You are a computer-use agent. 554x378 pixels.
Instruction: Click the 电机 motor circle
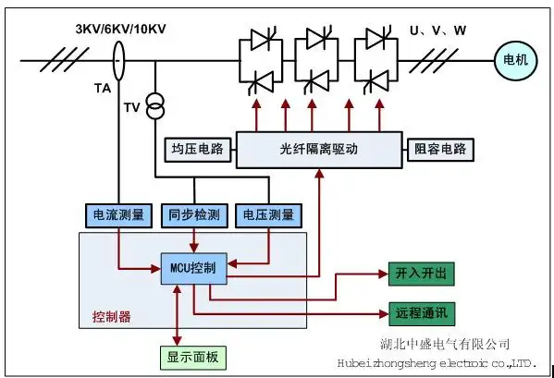coord(512,61)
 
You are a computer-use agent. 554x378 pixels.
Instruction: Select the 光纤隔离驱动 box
coord(318,149)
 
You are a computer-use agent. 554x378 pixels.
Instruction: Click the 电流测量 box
coord(117,215)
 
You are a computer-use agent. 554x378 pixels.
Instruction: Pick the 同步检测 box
coord(193,215)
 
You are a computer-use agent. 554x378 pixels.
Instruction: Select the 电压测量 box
coord(268,215)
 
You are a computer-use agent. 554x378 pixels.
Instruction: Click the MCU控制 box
coord(193,268)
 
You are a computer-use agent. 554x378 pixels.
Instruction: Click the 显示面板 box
coord(192,358)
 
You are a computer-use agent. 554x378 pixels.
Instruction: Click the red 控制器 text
coord(112,317)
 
